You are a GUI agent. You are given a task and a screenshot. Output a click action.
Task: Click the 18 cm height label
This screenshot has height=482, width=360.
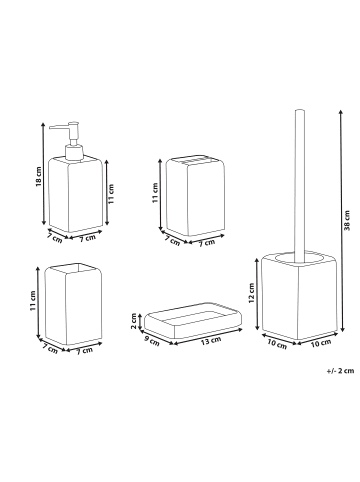tap(39, 176)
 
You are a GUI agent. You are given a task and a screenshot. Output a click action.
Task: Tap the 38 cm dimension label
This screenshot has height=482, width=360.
tap(347, 220)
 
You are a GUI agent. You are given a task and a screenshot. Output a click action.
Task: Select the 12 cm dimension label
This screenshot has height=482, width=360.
tap(251, 293)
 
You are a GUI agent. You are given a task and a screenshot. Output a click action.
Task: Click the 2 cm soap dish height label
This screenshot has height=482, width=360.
tap(134, 321)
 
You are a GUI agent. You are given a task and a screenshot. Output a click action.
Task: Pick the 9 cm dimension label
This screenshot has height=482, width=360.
tap(151, 341)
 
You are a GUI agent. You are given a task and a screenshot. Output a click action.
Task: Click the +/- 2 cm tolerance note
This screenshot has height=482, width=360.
tap(340, 370)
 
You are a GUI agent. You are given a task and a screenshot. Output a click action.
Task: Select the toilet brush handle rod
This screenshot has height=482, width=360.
tap(300, 186)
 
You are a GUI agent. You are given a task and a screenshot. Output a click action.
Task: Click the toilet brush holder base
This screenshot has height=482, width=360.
tap(299, 296)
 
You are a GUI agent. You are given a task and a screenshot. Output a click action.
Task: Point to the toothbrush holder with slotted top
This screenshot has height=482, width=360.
tap(195, 196)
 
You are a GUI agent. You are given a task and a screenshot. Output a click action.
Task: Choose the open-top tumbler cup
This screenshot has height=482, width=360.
tap(73, 304)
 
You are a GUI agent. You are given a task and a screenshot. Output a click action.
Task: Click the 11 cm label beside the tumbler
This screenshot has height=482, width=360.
tap(33, 301)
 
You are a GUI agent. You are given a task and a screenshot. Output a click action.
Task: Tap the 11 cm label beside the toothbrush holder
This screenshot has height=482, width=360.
tap(155, 193)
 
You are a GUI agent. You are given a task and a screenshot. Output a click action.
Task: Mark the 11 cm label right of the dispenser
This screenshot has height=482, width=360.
tap(112, 194)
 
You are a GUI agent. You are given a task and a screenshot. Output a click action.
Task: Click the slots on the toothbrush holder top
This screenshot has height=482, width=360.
tap(195, 162)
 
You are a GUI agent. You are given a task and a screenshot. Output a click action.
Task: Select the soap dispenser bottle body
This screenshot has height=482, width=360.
tap(75, 194)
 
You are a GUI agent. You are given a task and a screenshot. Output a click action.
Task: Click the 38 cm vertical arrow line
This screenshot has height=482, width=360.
tap(340, 220)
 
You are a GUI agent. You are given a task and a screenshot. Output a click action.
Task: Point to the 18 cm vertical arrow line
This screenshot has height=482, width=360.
tap(43, 173)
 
